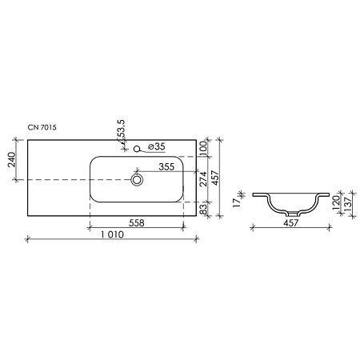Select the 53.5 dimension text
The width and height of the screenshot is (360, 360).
point(122,131)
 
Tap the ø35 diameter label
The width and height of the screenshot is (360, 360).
point(157,146)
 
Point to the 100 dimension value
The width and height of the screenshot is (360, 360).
point(203,148)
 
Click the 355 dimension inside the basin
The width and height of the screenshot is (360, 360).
point(166,167)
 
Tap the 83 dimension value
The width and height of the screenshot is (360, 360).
point(203,209)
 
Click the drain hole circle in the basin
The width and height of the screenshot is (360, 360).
point(137,182)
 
